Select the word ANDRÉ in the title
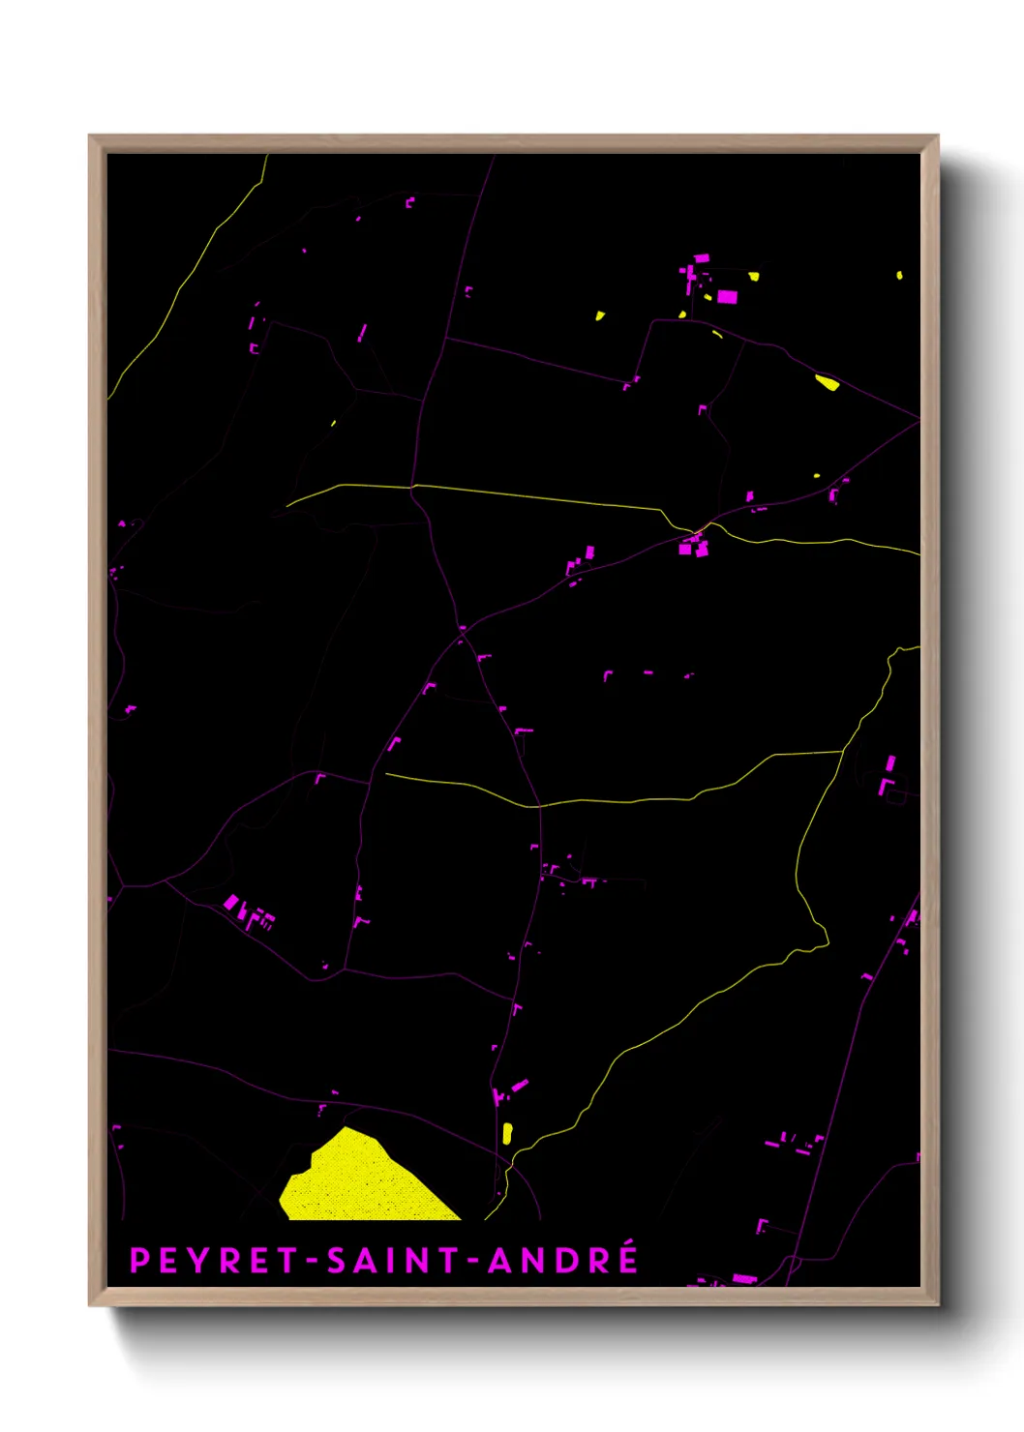562,1259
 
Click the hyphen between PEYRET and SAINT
312,1261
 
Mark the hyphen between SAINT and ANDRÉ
473,1261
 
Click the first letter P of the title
139,1260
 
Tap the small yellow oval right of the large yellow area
507,1133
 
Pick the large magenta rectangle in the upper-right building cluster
727,297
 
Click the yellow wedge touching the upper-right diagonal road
827,382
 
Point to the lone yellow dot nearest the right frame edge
899,276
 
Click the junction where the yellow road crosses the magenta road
699,529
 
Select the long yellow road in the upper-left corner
184,281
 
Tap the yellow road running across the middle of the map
619,800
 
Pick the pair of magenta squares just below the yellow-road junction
693,549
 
